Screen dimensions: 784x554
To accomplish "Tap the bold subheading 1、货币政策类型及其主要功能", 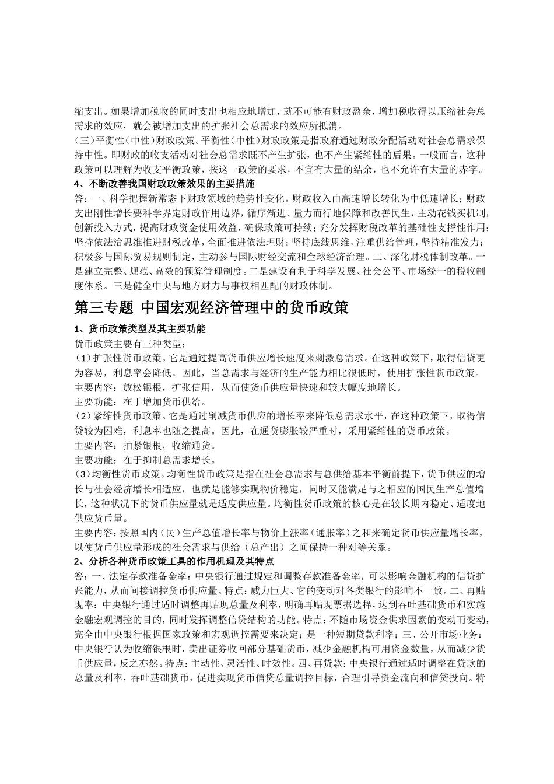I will pos(140,329).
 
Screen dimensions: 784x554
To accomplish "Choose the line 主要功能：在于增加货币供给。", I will pos(140,402).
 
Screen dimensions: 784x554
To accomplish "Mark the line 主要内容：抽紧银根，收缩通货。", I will pos(145,446).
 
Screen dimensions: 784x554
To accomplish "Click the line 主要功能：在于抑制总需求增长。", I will pos(145,460).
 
